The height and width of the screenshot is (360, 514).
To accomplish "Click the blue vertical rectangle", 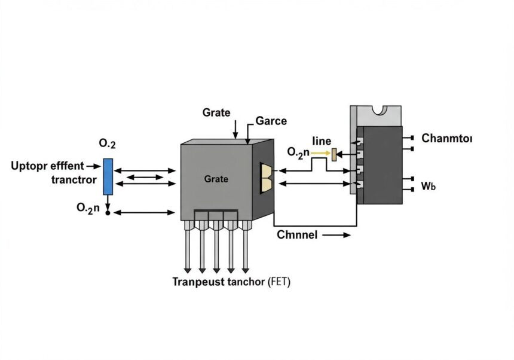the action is pos(108,177).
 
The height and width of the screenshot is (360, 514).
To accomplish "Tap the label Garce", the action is pos(271,121).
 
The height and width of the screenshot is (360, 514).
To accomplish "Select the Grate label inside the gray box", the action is pos(216,179).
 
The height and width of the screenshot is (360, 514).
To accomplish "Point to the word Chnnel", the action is pos(297,235).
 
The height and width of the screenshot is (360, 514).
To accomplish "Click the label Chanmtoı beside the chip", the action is pos(447,138).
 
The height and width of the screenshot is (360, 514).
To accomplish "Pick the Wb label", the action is pos(429,186).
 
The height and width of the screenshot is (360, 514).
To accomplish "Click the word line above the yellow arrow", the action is pos(322,141).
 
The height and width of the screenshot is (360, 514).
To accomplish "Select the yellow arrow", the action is pos(320,152).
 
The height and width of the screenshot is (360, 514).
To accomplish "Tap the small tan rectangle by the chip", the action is pos(334,154).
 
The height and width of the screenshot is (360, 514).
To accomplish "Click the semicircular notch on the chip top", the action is pos(380,110).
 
